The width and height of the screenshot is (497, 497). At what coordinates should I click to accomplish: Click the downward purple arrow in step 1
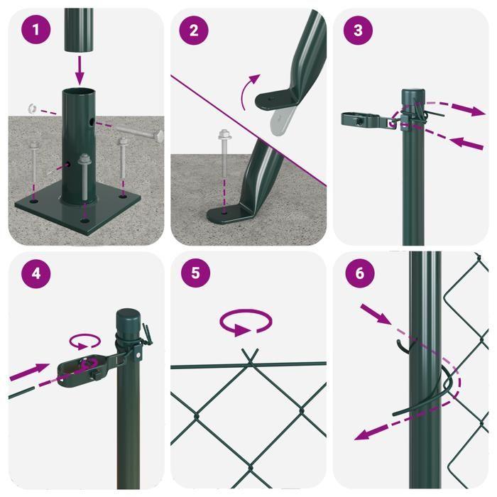coord(78,70)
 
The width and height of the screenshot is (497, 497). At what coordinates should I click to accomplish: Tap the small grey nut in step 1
coord(33,109)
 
